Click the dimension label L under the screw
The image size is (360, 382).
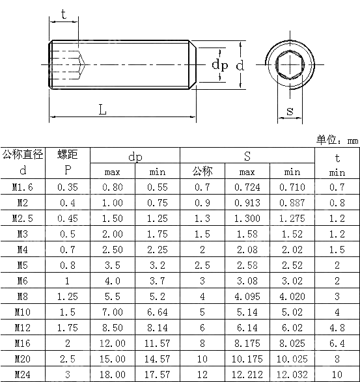(102, 109)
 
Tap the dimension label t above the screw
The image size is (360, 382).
(63, 14)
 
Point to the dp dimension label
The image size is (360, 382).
(219, 64)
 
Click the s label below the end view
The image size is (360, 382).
(290, 111)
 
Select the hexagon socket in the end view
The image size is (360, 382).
(290, 64)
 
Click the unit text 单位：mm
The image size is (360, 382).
(337, 140)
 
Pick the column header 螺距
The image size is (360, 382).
(67, 154)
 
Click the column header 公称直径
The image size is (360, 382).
(23, 154)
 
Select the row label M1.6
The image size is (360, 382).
(23, 187)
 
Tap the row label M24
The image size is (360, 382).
(23, 374)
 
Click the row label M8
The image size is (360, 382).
(23, 296)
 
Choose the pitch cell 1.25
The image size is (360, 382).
(67, 296)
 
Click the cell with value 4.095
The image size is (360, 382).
(247, 296)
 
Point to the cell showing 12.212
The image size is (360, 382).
(247, 374)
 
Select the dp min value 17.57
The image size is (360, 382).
(158, 374)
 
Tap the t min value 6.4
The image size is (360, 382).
(337, 343)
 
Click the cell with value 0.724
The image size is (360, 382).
(247, 187)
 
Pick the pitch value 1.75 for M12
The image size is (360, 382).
(67, 327)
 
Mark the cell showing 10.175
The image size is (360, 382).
(247, 359)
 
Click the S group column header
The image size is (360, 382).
(247, 156)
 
